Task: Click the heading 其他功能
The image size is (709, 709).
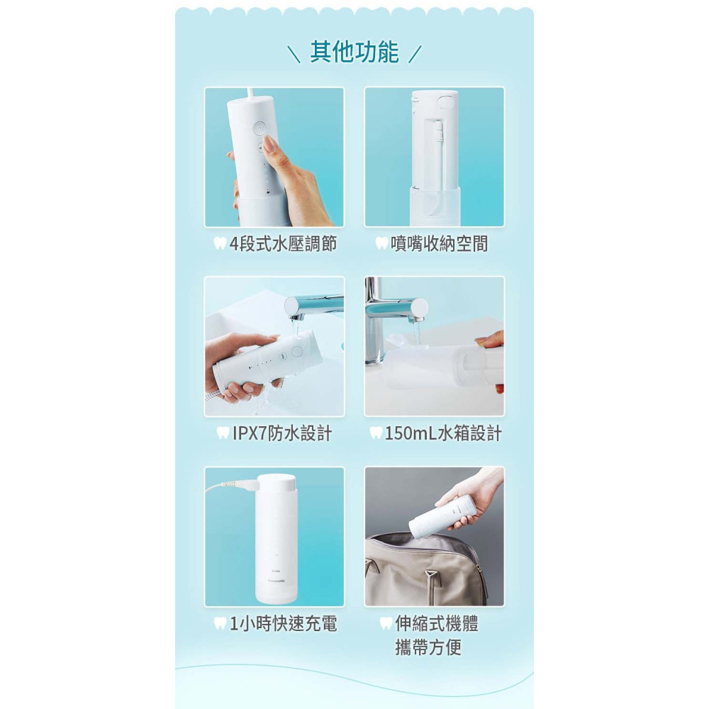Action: (x=354, y=52)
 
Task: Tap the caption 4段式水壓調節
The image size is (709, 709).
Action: (x=283, y=244)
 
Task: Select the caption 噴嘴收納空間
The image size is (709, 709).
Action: (x=439, y=244)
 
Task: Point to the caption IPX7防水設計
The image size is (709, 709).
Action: (x=282, y=433)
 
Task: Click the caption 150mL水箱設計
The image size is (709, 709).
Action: (x=443, y=433)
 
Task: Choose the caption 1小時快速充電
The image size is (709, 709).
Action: (x=284, y=623)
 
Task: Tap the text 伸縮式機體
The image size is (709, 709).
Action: (x=436, y=623)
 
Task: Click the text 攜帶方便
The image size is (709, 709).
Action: (x=428, y=647)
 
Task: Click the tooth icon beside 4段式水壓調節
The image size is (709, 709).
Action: (x=220, y=244)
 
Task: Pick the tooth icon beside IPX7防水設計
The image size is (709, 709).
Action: (x=223, y=433)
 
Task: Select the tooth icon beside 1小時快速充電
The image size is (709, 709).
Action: (x=220, y=623)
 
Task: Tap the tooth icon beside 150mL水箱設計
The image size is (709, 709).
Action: (x=376, y=433)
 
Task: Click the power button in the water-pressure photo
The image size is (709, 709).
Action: (x=259, y=128)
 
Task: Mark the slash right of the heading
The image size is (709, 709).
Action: (x=415, y=54)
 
